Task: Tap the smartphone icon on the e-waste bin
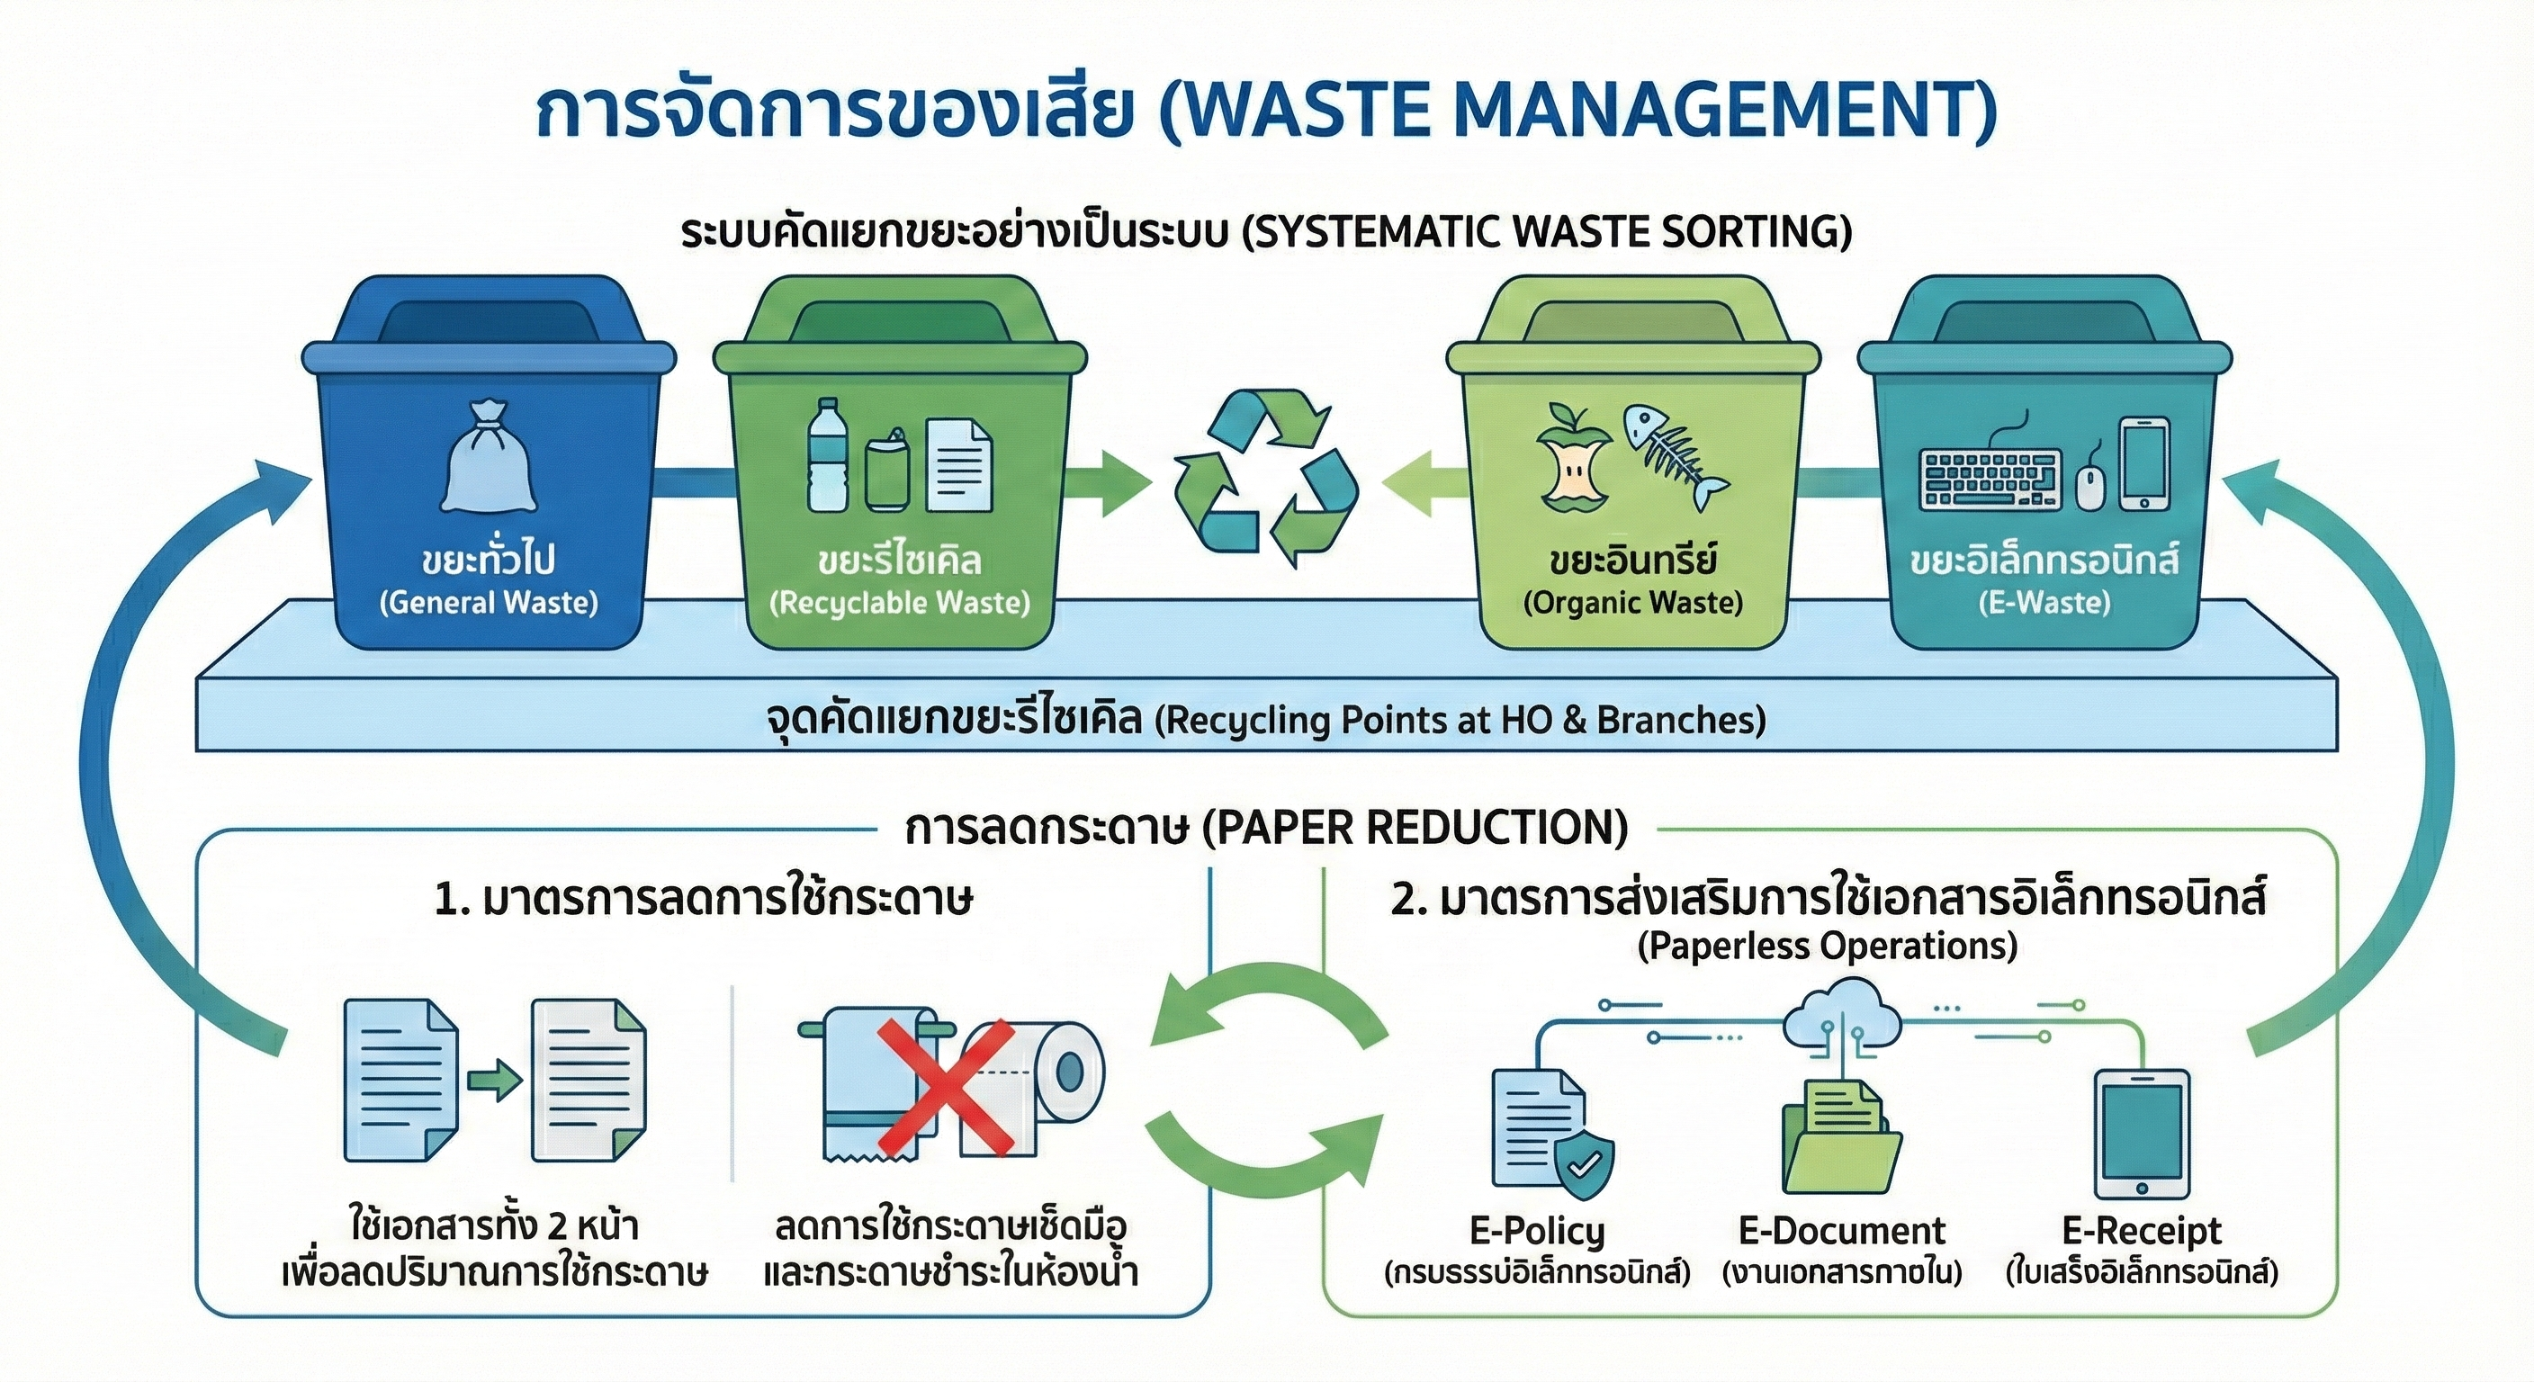[x=2144, y=463]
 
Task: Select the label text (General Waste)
[x=489, y=602]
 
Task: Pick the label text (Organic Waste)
[x=1633, y=602]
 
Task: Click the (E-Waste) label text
[x=2045, y=602]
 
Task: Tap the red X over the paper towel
[x=947, y=1086]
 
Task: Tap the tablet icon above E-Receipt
[x=2143, y=1132]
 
